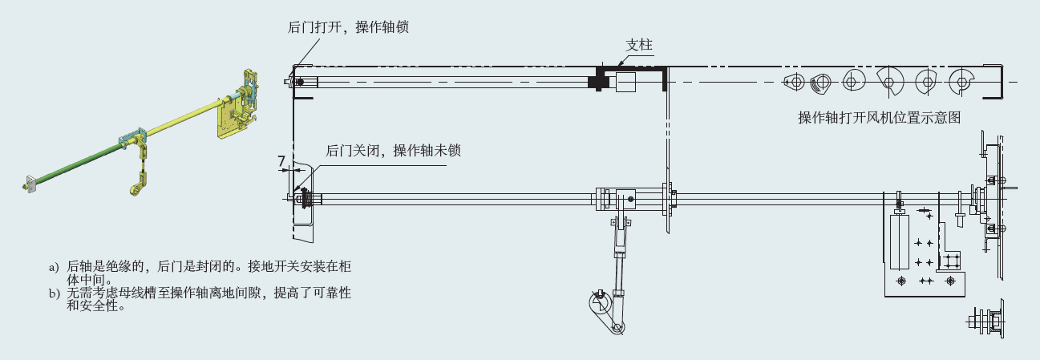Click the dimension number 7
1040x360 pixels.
click(282, 160)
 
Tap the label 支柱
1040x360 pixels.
click(638, 45)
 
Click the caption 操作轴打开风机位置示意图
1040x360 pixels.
click(879, 118)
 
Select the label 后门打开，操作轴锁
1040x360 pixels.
click(349, 26)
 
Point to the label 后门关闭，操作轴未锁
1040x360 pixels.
click(393, 150)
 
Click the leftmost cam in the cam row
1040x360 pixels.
click(795, 80)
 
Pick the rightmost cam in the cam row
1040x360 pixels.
click(960, 80)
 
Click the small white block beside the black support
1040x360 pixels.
click(625, 82)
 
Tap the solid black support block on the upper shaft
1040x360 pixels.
click(598, 81)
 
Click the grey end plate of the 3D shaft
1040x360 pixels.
click(32, 184)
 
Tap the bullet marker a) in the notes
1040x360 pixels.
click(54, 265)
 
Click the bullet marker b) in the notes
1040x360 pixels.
click(54, 293)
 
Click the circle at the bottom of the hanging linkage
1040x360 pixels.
click(598, 302)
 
